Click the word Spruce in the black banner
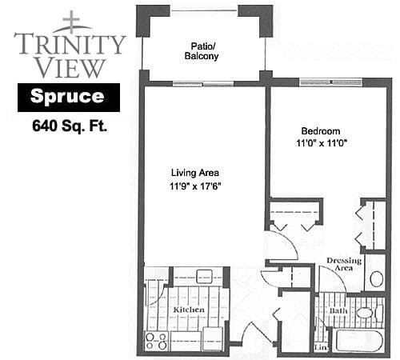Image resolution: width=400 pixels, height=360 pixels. pos(67,96)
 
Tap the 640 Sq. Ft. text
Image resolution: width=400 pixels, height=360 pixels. pos(70,126)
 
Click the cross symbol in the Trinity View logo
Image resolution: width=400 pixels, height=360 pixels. pos(71,19)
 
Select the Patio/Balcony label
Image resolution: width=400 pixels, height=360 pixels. pos(202,51)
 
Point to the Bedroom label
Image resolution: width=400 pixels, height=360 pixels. pos(321,131)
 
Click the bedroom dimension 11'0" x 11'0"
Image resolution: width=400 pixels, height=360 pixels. pos(322,143)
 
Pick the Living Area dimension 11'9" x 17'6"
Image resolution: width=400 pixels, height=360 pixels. pos(195,186)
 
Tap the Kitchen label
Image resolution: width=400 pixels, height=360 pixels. pos(189,310)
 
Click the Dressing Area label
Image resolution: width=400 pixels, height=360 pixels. pos(344,264)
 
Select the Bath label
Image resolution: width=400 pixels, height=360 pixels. pos(338,311)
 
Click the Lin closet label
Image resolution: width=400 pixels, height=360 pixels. pos(321,347)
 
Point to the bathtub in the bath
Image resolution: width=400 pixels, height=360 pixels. pos(359,341)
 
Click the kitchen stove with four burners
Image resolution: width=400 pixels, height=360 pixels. pos(156,341)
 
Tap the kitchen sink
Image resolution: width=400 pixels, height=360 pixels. pos(204,276)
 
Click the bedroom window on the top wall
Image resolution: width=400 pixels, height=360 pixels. pos(330,82)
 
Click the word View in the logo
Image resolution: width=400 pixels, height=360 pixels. pos(70,68)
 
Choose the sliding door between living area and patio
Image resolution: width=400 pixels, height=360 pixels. pos(203,84)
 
